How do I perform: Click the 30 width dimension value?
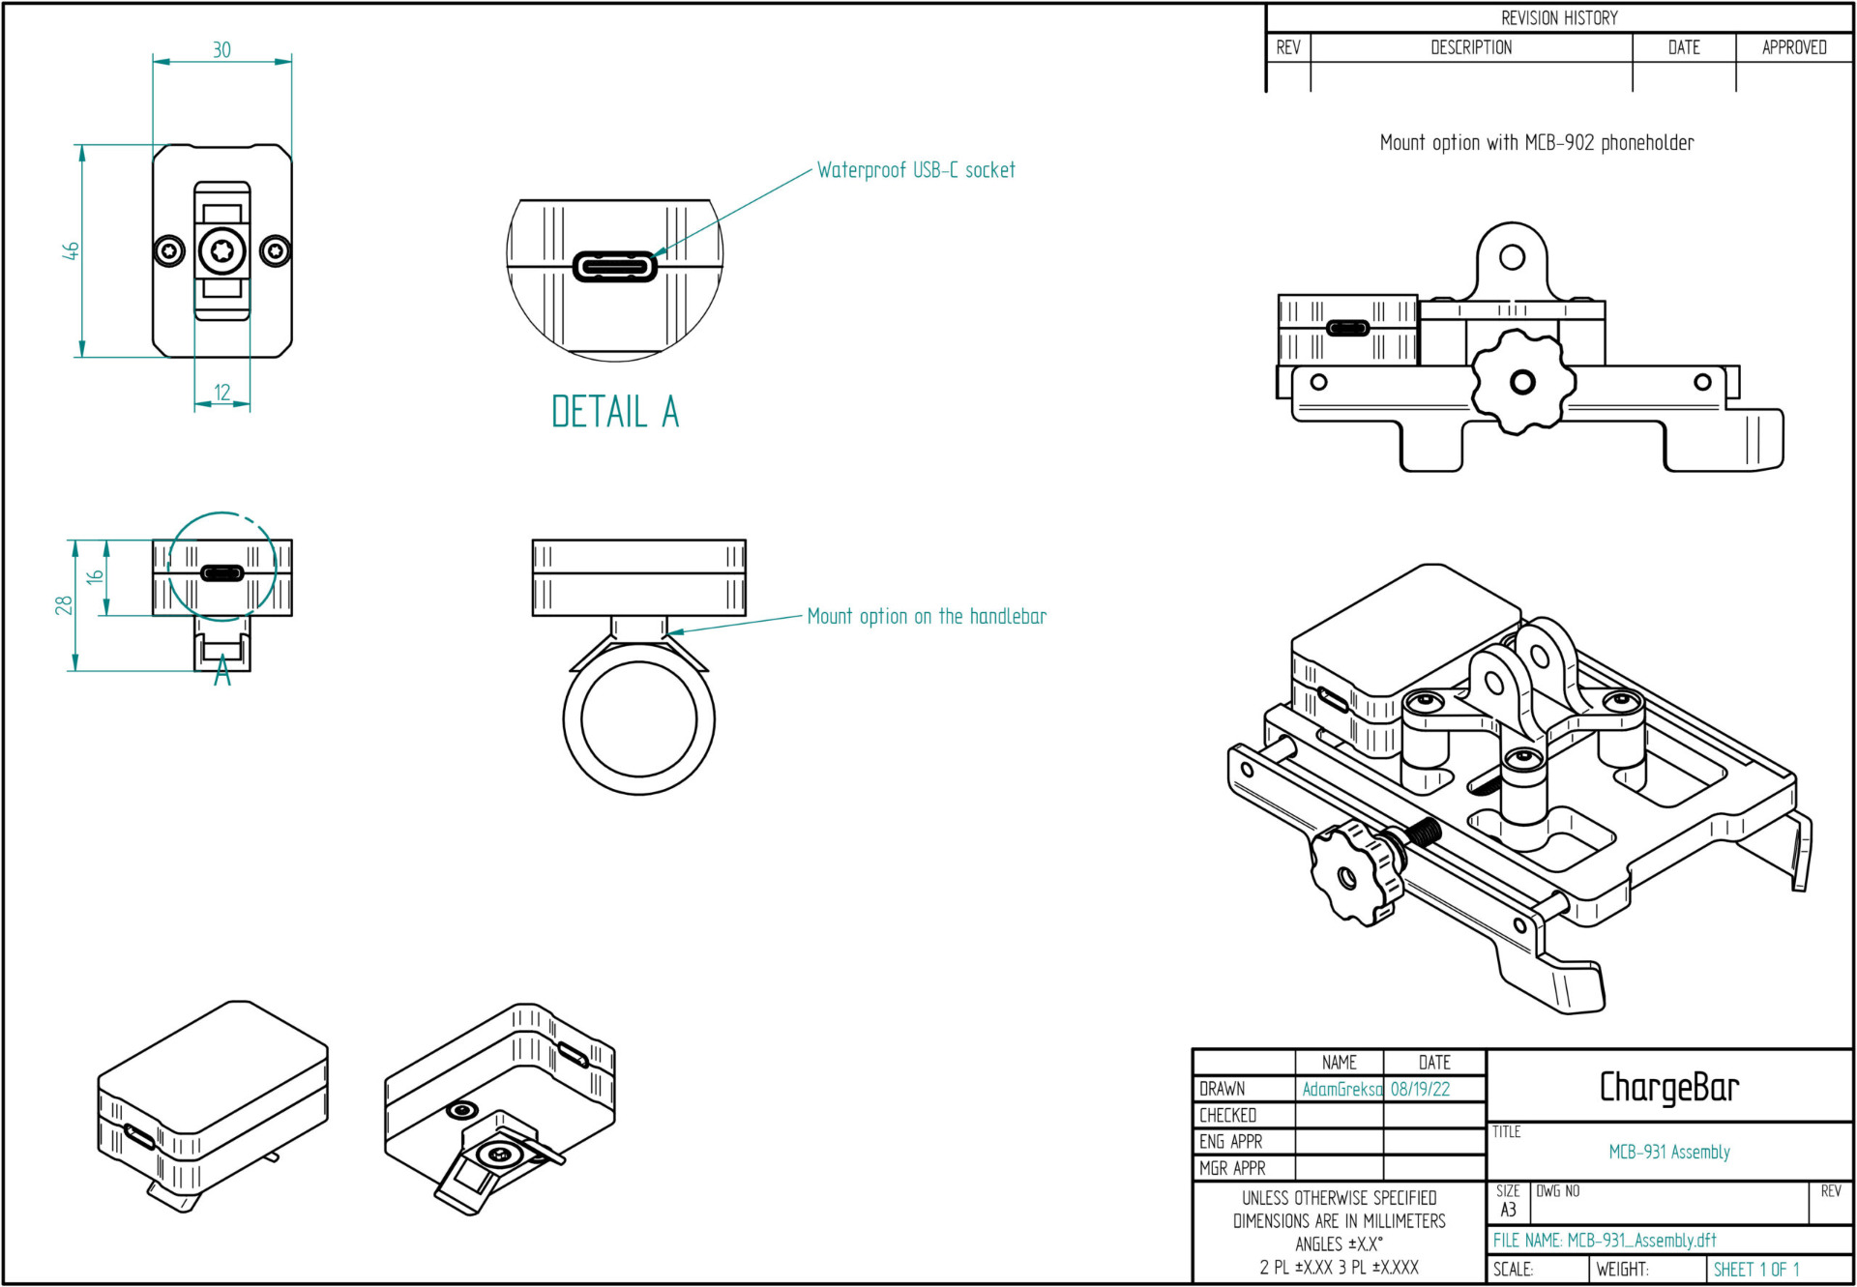[x=221, y=49]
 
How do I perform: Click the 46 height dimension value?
[x=71, y=250]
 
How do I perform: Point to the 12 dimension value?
[x=222, y=393]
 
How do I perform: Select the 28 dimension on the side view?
[x=63, y=605]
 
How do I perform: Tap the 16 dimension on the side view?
[x=95, y=577]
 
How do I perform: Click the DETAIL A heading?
[x=615, y=412]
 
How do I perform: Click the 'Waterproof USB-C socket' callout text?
[x=916, y=170]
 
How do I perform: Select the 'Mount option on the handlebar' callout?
[x=927, y=616]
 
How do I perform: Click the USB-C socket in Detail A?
[x=615, y=266]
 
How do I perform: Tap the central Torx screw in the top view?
[x=222, y=251]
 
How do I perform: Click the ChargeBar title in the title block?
[x=1668, y=1087]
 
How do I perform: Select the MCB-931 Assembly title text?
[x=1668, y=1152]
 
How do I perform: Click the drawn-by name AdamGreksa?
[x=1341, y=1089]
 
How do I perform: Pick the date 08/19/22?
[x=1420, y=1089]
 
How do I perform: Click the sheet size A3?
[x=1508, y=1210]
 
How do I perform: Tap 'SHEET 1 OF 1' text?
[x=1755, y=1270]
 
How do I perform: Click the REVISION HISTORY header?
[x=1559, y=18]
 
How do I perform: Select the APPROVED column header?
[x=1794, y=47]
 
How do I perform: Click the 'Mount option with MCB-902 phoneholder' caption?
[x=1537, y=143]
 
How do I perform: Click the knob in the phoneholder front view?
[x=1521, y=382]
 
